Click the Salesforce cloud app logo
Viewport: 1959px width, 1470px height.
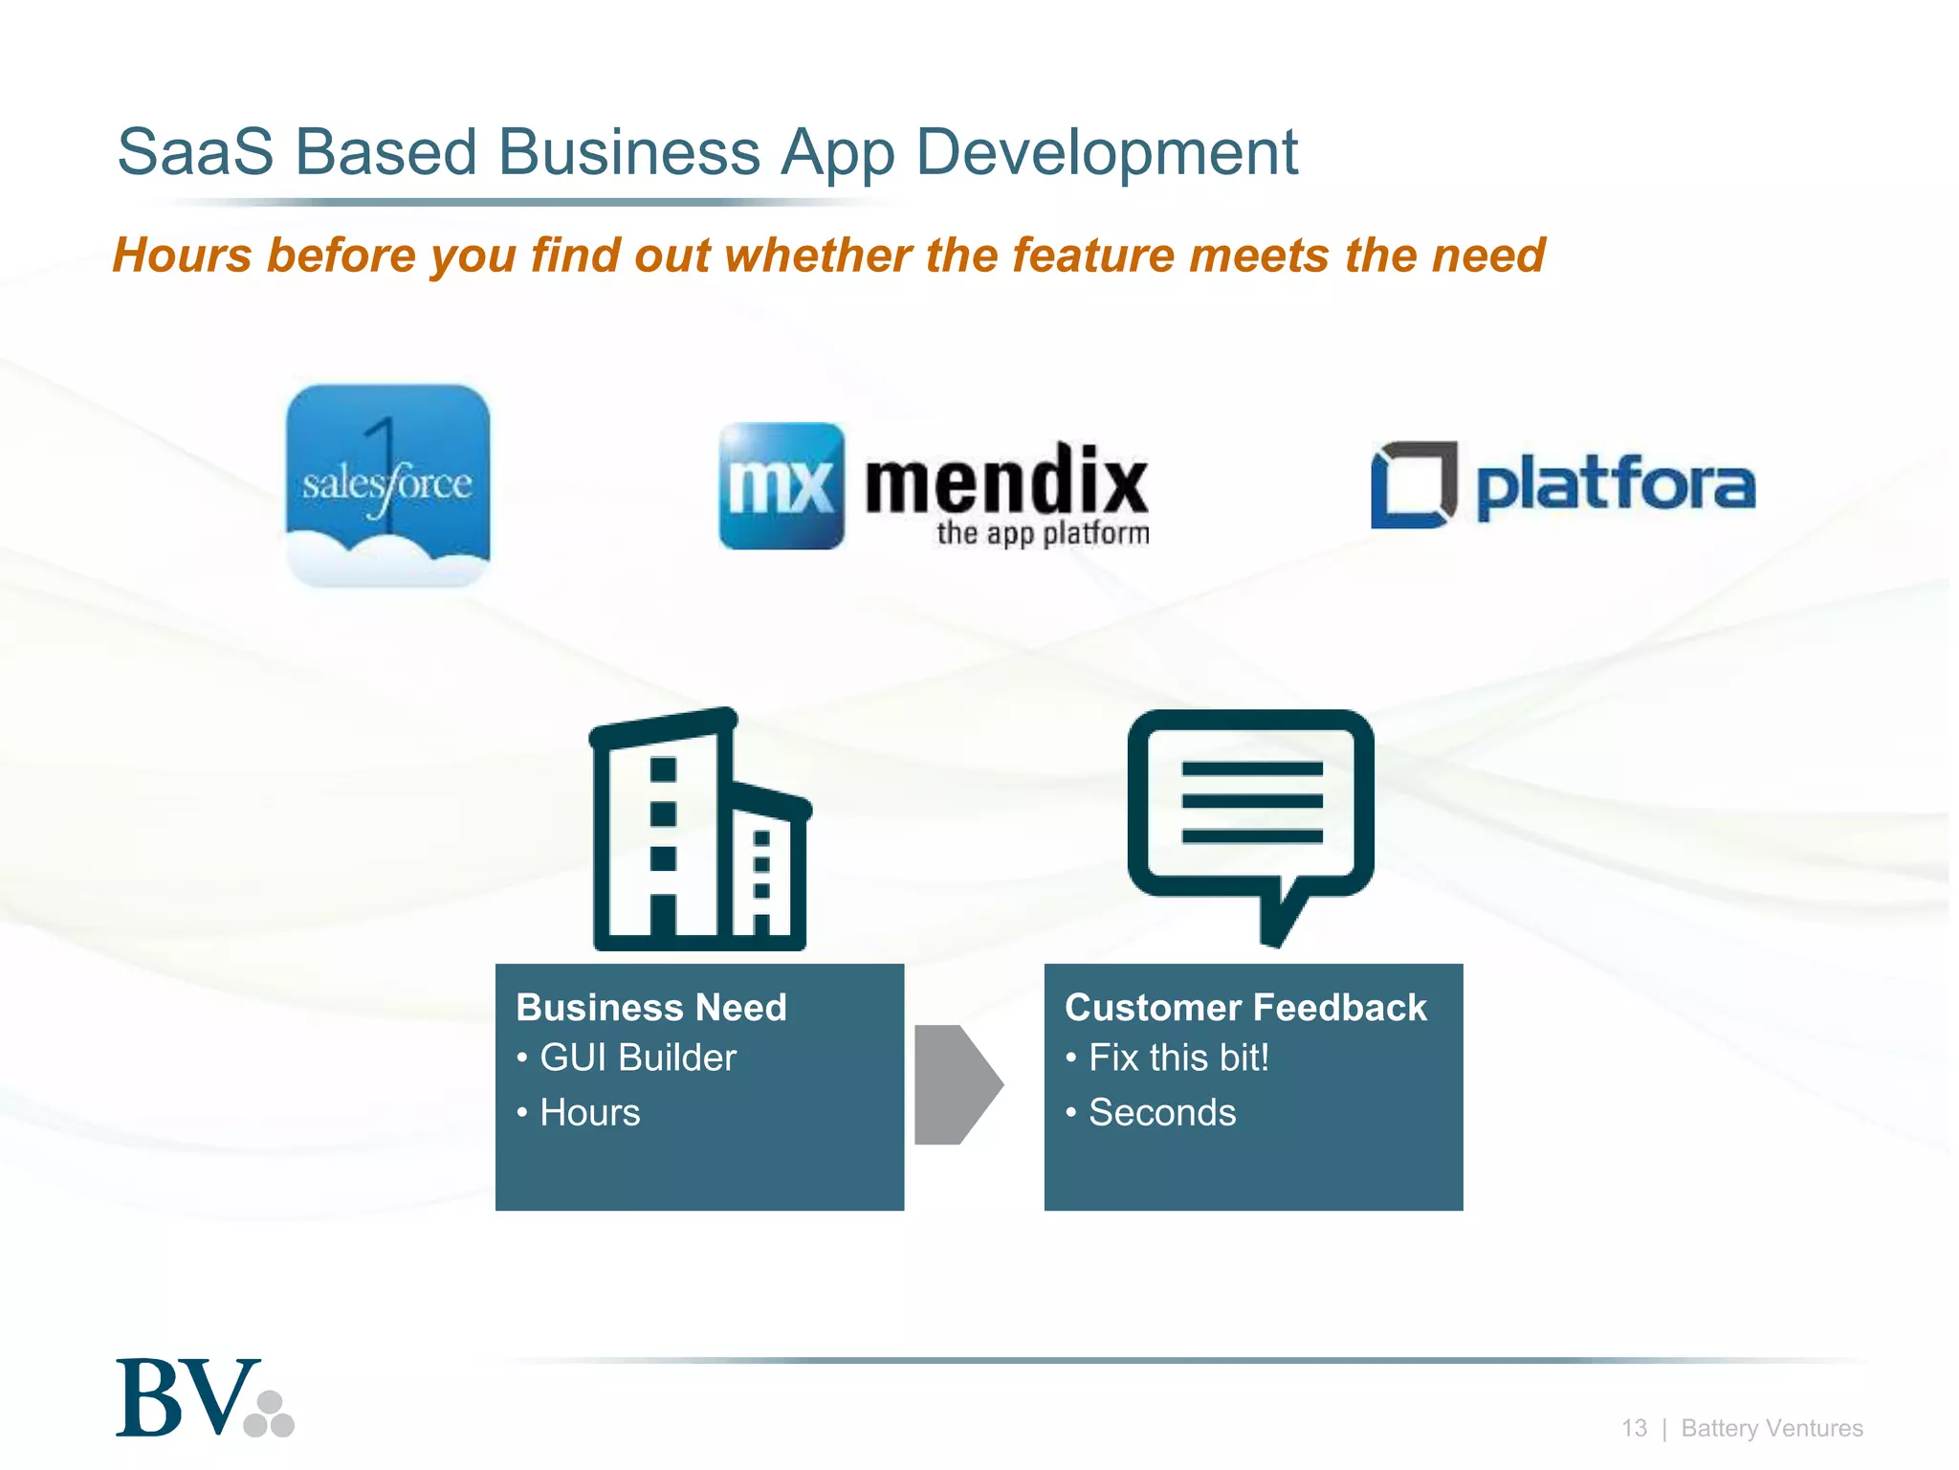pyautogui.click(x=387, y=485)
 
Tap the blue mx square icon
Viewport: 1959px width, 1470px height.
pyautogui.click(x=781, y=486)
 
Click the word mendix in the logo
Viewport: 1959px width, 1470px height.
pyautogui.click(x=1005, y=479)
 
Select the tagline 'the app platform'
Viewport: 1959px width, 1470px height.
pyautogui.click(x=1043, y=533)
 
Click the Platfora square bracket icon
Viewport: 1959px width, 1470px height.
pyautogui.click(x=1414, y=484)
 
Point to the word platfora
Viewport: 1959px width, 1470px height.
pyautogui.click(x=1616, y=484)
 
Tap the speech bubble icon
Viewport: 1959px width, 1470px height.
pyautogui.click(x=1251, y=823)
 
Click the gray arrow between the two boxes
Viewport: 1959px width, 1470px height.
pyautogui.click(x=957, y=1084)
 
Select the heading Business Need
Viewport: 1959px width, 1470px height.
pyautogui.click(x=651, y=1008)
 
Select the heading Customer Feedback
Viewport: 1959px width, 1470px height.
pyautogui.click(x=1245, y=1008)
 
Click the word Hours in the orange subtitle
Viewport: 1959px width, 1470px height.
pyautogui.click(x=183, y=256)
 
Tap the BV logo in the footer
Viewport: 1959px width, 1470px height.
pyautogui.click(x=204, y=1398)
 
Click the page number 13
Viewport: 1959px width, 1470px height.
pyautogui.click(x=1634, y=1428)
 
